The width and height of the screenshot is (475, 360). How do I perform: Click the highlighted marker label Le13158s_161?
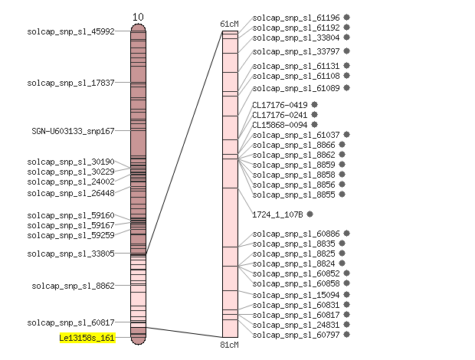pyautogui.click(x=87, y=338)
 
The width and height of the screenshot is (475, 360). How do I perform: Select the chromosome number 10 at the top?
pyautogui.click(x=138, y=17)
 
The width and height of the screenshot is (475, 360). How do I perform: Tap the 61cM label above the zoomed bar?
pyautogui.click(x=229, y=24)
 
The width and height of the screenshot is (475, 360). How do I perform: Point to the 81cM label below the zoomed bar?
pyautogui.click(x=229, y=345)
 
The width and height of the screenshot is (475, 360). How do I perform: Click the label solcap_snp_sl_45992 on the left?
pyautogui.click(x=71, y=31)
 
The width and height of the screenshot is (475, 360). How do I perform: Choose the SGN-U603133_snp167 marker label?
pyautogui.click(x=73, y=131)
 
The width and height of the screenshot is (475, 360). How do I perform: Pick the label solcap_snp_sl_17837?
pyautogui.click(x=71, y=83)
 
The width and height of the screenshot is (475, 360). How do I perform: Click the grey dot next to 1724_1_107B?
pyautogui.click(x=310, y=214)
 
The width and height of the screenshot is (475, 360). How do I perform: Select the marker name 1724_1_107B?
pyautogui.click(x=277, y=214)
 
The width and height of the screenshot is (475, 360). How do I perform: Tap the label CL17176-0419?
pyautogui.click(x=280, y=105)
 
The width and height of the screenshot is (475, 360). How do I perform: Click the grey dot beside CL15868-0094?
pyautogui.click(x=314, y=124)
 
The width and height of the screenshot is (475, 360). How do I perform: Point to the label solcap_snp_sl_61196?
pyautogui.click(x=296, y=18)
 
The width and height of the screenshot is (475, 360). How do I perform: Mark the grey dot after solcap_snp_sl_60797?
pyautogui.click(x=346, y=334)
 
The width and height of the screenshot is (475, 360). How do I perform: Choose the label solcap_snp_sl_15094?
pyautogui.click(x=296, y=295)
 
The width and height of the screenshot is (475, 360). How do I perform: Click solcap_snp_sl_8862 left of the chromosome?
pyautogui.click(x=73, y=286)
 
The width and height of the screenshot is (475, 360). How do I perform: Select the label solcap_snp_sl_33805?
pyautogui.click(x=71, y=254)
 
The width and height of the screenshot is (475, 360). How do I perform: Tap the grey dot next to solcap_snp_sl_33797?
pyautogui.click(x=346, y=51)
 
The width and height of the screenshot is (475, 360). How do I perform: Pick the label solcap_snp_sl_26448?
pyautogui.click(x=71, y=193)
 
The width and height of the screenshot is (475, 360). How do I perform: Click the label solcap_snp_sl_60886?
pyautogui.click(x=296, y=234)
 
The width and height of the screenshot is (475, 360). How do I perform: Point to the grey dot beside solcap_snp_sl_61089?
pyautogui.click(x=346, y=88)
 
